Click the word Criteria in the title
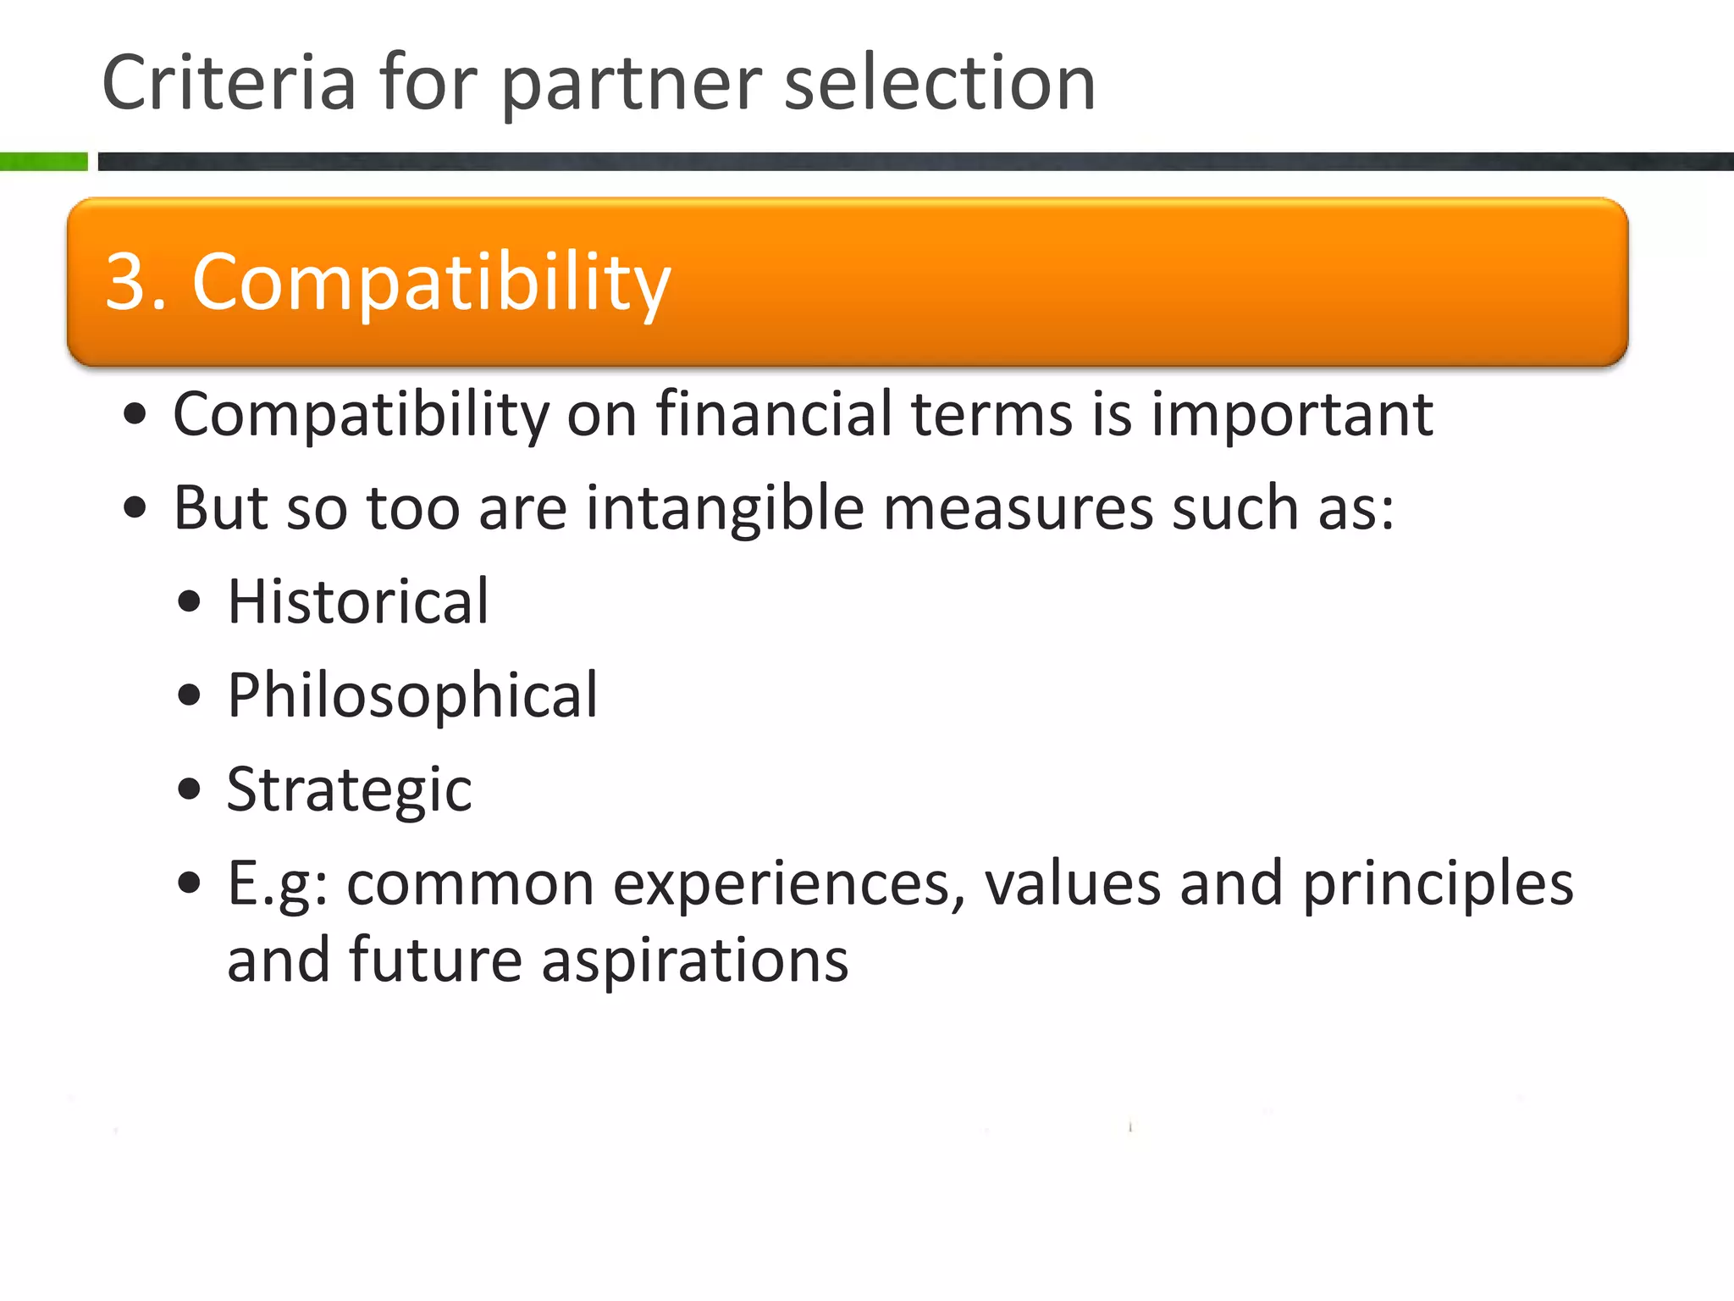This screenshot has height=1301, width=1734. click(229, 82)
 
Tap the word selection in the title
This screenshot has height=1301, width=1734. click(940, 82)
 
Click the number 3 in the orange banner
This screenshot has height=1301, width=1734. click(127, 281)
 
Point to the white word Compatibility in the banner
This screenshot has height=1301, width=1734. click(432, 283)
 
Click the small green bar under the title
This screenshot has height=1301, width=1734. click(43, 161)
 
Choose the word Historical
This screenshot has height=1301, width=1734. click(358, 601)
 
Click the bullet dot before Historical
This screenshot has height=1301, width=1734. click(190, 602)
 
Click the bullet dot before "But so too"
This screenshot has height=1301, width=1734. click(135, 508)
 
